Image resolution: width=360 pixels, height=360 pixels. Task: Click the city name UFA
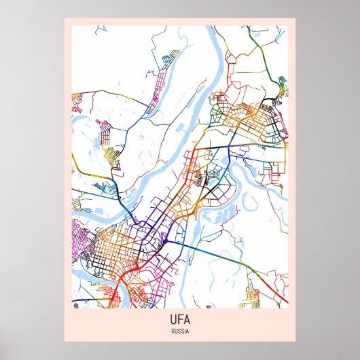point(180,320)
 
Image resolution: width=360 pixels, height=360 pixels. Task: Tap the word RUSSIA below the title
point(180,331)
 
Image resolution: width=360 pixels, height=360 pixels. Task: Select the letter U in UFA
point(173,320)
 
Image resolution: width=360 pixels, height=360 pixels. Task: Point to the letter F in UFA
point(180,320)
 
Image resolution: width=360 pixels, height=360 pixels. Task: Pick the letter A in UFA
point(187,320)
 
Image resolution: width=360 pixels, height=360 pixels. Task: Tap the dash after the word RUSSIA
point(190,331)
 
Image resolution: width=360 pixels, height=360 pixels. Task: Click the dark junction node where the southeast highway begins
point(164,240)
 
